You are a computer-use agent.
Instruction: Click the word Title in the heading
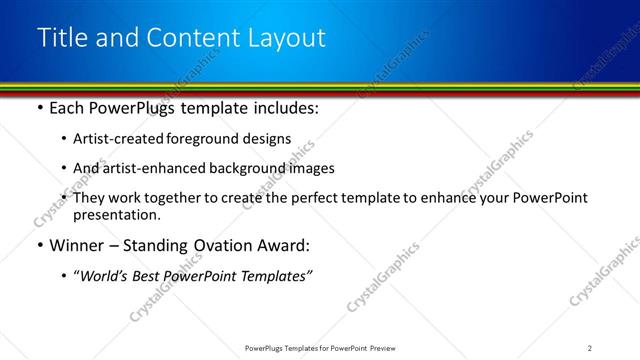coord(62,38)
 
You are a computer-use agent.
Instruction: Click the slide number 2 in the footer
coord(589,347)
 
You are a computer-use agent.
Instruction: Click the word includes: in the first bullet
coord(284,107)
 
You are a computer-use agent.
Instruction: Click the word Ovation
coord(220,245)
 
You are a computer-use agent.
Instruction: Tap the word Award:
coord(283,245)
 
